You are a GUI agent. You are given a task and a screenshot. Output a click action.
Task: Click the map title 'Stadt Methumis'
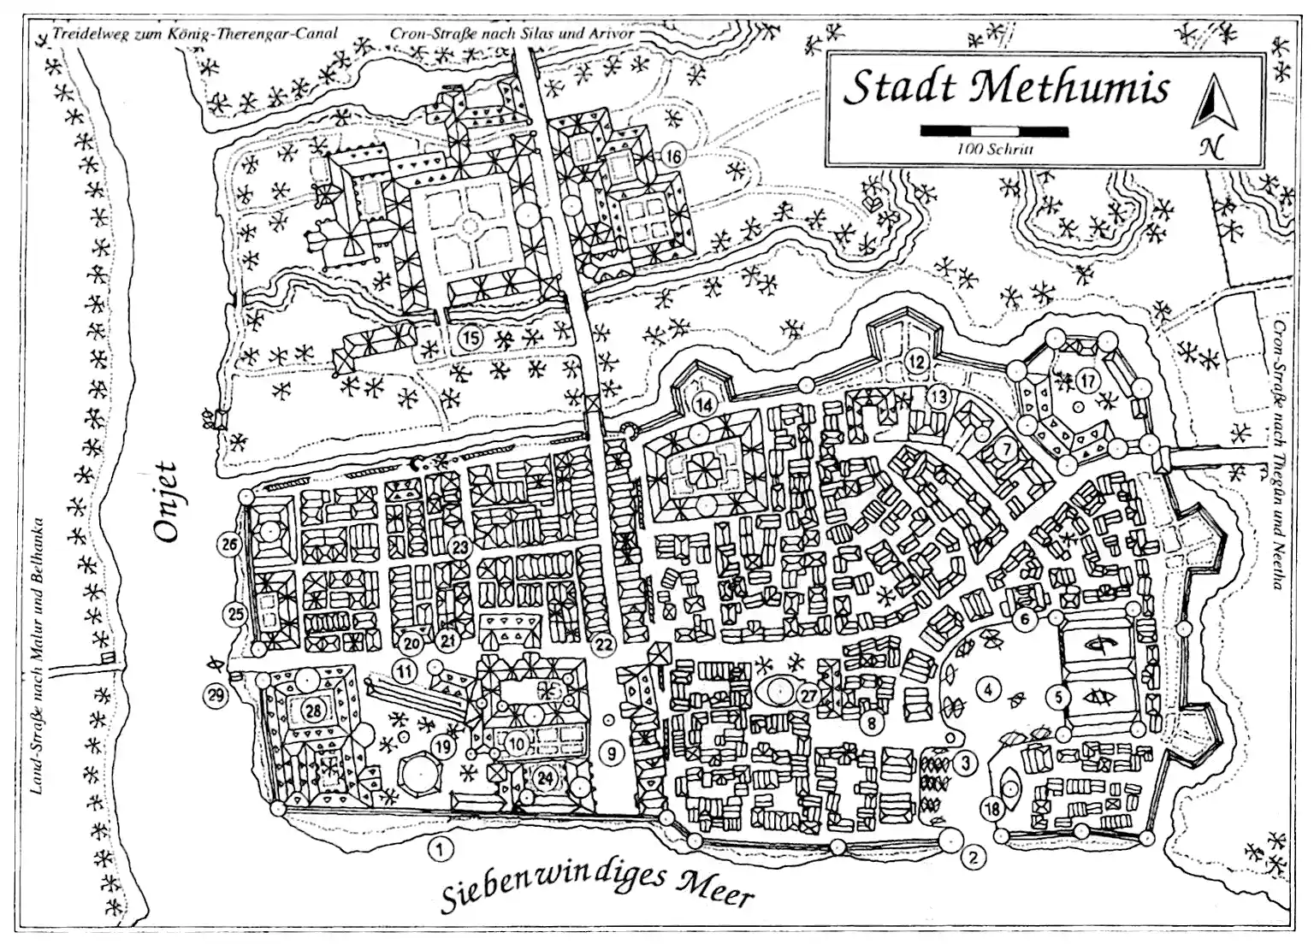[1006, 88]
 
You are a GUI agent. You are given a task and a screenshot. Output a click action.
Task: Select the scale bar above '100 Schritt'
[994, 131]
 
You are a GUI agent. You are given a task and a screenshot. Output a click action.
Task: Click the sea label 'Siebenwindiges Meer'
[599, 887]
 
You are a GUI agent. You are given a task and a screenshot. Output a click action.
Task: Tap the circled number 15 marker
[470, 338]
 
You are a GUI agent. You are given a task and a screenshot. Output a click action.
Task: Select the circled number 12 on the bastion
[917, 361]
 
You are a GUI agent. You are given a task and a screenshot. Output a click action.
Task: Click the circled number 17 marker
[1087, 380]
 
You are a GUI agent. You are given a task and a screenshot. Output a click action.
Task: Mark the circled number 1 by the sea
[439, 849]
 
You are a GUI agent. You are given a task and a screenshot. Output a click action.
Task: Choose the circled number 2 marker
[972, 856]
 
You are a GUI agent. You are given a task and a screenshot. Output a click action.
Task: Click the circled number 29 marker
[216, 695]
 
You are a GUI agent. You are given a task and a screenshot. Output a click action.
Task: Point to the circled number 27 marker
[809, 695]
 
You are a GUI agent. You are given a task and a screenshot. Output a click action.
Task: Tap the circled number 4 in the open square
[988, 688]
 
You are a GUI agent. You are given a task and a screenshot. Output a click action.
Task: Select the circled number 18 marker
[992, 809]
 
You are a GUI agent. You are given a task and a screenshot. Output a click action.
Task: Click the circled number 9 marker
[612, 753]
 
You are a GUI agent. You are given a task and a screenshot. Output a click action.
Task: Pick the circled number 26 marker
[229, 544]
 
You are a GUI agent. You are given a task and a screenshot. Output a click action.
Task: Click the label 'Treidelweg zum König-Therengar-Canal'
[195, 34]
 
